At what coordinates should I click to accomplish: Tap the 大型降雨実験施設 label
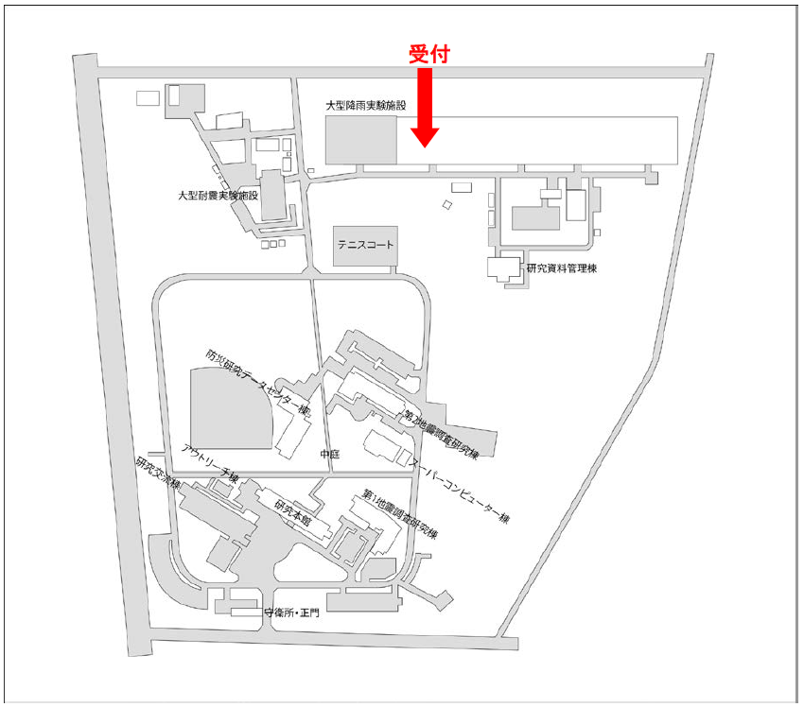(x=365, y=106)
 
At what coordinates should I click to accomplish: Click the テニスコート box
(x=365, y=245)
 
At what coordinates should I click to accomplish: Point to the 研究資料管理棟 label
(x=561, y=268)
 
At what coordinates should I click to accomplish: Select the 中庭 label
(x=328, y=455)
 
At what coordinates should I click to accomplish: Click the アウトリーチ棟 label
(x=207, y=462)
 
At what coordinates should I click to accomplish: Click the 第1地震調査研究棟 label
(x=400, y=515)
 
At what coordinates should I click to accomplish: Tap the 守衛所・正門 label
(x=289, y=613)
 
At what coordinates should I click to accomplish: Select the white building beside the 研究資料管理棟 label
(x=501, y=267)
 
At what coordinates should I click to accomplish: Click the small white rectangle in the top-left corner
(x=148, y=97)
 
